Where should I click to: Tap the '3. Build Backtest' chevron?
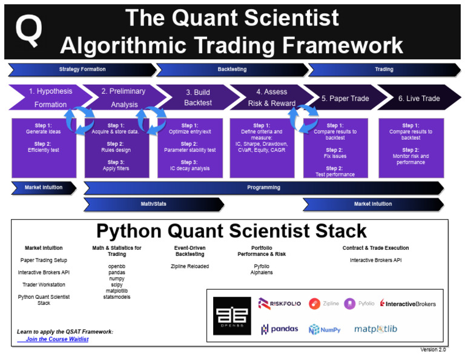(197, 98)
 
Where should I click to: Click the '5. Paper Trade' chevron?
(344, 98)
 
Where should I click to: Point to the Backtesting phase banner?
(232, 70)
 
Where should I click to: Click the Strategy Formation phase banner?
(82, 70)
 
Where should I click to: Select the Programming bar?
(263, 188)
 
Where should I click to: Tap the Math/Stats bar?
(153, 205)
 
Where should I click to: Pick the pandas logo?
(280, 329)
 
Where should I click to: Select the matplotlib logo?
(375, 329)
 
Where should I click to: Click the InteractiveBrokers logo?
(407, 303)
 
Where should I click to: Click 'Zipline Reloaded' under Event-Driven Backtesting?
(190, 266)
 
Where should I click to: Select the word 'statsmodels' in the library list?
(117, 296)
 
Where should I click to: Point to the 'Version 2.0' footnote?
(433, 350)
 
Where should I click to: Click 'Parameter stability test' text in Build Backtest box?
(190, 150)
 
